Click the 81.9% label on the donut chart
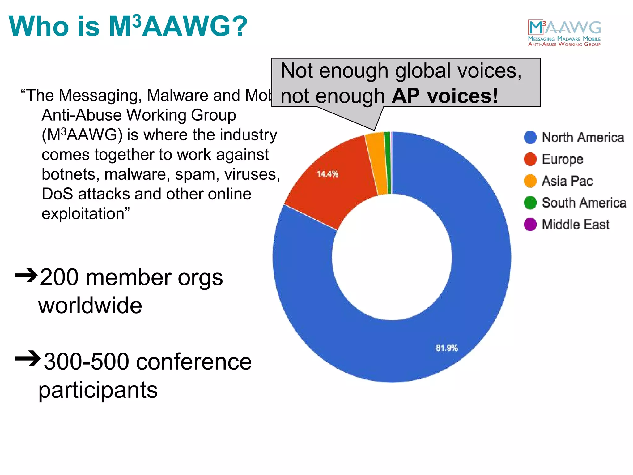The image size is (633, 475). pyautogui.click(x=446, y=348)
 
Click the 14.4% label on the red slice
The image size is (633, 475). pyautogui.click(x=327, y=174)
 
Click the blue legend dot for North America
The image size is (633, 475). pyautogui.click(x=530, y=137)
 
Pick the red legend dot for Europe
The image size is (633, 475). pyautogui.click(x=530, y=159)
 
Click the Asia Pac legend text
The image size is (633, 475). pyautogui.click(x=567, y=181)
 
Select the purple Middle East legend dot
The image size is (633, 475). pyautogui.click(x=530, y=225)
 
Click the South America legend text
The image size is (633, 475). pyautogui.click(x=584, y=203)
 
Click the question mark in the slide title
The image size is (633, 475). pyautogui.click(x=238, y=26)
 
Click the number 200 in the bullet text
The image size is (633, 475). pyautogui.click(x=59, y=277)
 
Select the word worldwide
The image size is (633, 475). pyautogui.click(x=90, y=306)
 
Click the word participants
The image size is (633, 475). pyautogui.click(x=98, y=390)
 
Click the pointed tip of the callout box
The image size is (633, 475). pyautogui.click(x=374, y=130)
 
